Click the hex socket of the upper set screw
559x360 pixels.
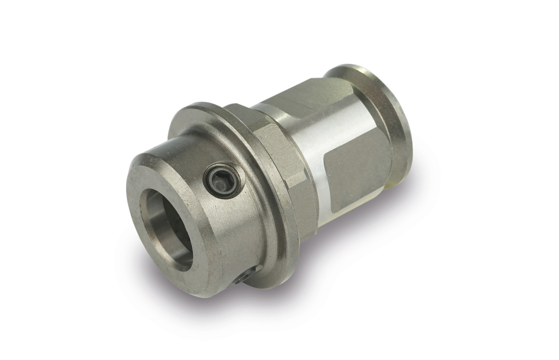(x=223, y=183)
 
